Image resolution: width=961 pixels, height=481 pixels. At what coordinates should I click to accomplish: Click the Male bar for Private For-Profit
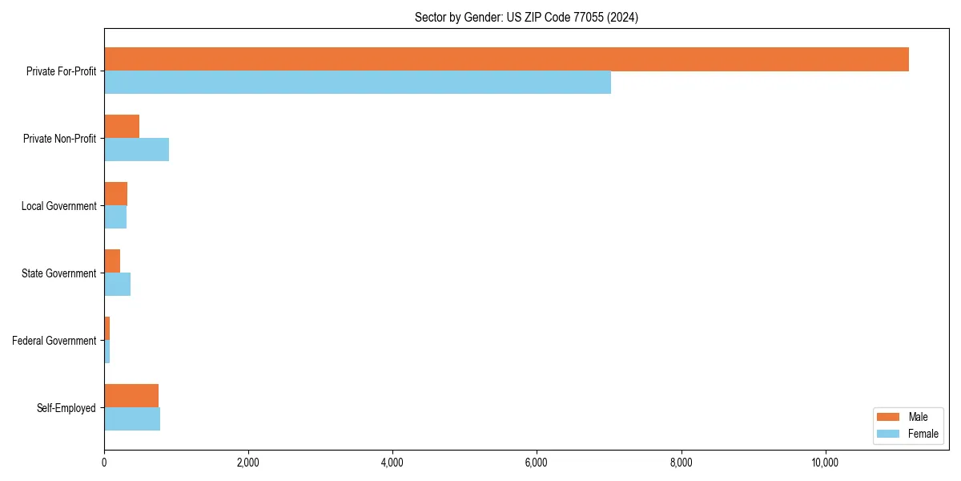pyautogui.click(x=506, y=59)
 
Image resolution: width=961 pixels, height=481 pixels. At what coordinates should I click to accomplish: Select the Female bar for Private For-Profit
pyautogui.click(x=357, y=83)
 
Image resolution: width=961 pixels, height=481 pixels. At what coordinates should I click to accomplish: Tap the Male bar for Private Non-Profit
pyautogui.click(x=122, y=127)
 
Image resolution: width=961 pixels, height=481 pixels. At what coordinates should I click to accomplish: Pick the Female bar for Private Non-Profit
pyautogui.click(x=136, y=150)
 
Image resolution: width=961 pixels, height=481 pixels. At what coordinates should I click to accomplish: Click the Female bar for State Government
pyautogui.click(x=117, y=285)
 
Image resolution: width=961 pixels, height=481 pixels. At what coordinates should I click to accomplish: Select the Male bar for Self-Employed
pyautogui.click(x=131, y=396)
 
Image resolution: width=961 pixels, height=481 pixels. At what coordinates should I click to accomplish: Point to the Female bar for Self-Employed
pyautogui.click(x=132, y=419)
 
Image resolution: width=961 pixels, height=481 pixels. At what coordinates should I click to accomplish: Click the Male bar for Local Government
pyautogui.click(x=115, y=194)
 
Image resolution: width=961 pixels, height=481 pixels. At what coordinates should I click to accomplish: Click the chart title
pyautogui.click(x=526, y=17)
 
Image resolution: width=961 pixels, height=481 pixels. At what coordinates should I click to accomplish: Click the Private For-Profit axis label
pyautogui.click(x=61, y=71)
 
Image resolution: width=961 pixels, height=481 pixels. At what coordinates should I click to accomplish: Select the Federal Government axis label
pyautogui.click(x=54, y=341)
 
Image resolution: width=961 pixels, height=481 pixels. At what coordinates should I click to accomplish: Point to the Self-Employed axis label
pyautogui.click(x=66, y=408)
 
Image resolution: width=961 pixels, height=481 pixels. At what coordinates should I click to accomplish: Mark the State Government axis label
pyautogui.click(x=58, y=273)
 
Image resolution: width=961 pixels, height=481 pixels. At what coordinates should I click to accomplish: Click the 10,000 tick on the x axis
pyautogui.click(x=825, y=463)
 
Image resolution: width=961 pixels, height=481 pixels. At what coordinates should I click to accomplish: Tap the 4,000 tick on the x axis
pyautogui.click(x=392, y=463)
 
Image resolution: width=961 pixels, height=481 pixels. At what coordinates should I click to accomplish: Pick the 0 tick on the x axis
pyautogui.click(x=104, y=463)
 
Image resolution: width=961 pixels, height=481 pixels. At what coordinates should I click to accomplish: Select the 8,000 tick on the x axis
pyautogui.click(x=681, y=463)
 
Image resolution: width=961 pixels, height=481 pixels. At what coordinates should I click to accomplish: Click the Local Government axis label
pyautogui.click(x=58, y=206)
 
